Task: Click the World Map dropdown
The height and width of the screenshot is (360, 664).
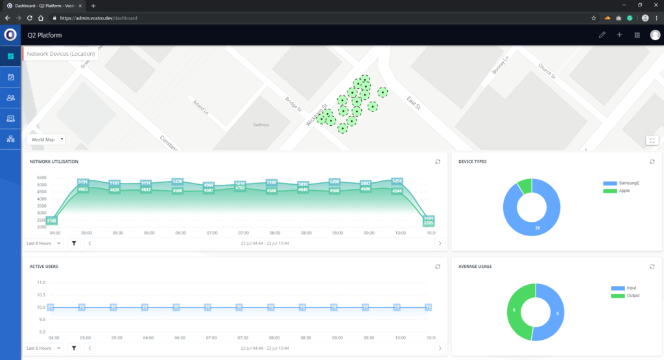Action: click(x=46, y=139)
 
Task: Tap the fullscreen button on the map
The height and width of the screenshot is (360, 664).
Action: click(x=652, y=140)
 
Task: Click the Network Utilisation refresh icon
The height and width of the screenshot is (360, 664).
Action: click(x=438, y=162)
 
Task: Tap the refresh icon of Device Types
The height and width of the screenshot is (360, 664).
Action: click(x=652, y=162)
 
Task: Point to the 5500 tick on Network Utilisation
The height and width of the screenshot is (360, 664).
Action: click(x=41, y=178)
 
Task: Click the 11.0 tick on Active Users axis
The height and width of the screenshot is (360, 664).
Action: click(x=41, y=283)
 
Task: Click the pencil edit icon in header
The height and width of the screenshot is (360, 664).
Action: click(x=602, y=35)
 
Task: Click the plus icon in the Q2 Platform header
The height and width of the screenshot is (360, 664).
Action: click(x=619, y=35)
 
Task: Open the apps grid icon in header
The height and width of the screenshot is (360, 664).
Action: click(x=637, y=35)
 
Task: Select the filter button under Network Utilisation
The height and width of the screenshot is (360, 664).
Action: click(x=74, y=243)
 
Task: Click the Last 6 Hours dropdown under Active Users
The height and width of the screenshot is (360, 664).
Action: click(x=44, y=348)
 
